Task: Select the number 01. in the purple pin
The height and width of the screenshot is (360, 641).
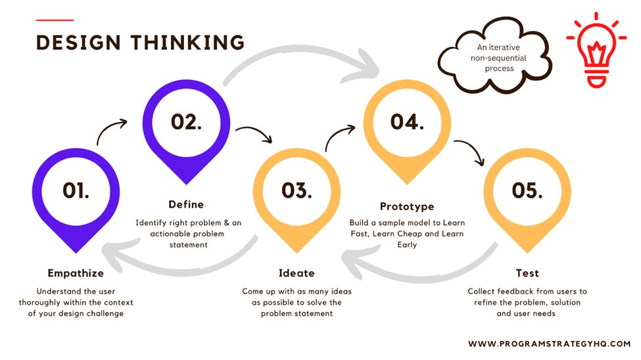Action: pos(76,190)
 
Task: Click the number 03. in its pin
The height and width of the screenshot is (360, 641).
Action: pos(297,190)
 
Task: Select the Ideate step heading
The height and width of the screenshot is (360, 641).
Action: pos(297,273)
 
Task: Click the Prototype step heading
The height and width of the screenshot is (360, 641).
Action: pos(407,206)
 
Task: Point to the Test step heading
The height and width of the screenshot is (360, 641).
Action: pos(528,273)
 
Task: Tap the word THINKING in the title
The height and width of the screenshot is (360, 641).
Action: pos(187,43)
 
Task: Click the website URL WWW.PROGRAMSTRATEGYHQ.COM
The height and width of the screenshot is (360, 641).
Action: pos(549,344)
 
